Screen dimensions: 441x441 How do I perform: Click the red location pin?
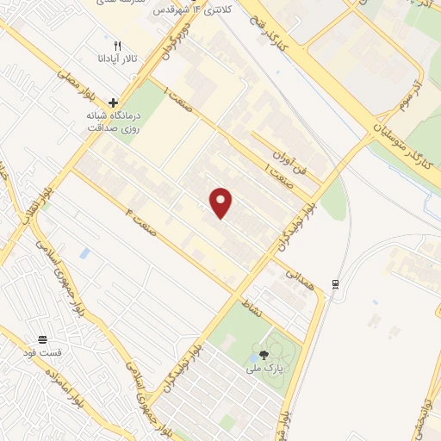coord(222,203)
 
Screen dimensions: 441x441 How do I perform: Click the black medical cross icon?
coord(112,102)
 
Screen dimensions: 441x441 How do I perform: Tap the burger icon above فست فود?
coord(43,339)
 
